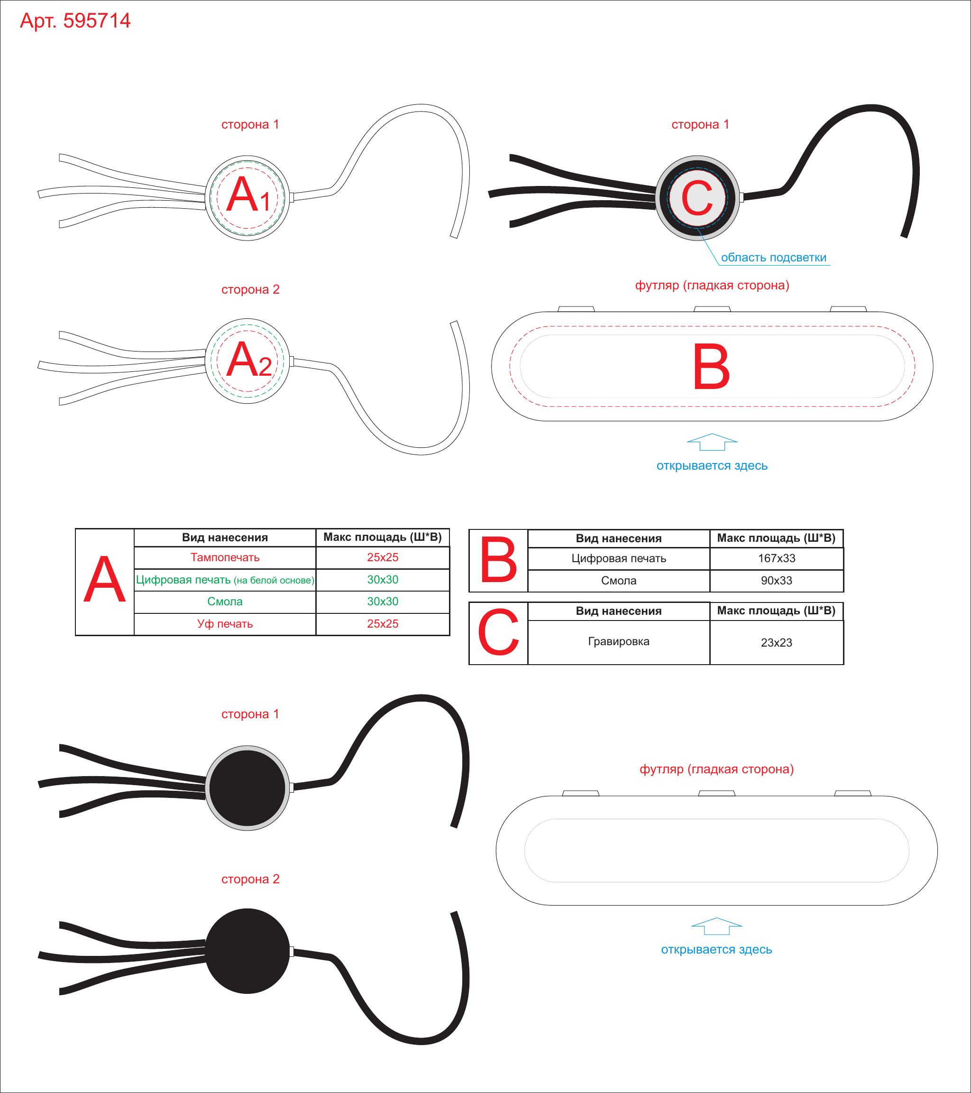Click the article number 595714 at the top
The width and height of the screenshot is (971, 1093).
click(x=97, y=20)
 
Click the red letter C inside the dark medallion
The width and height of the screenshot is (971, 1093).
click(x=697, y=198)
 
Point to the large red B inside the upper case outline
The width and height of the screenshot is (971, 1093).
click(x=711, y=366)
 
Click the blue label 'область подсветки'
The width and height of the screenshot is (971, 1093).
click(x=773, y=258)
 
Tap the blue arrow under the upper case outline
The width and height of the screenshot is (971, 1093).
click(x=712, y=442)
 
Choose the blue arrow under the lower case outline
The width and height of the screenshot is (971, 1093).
click(x=716, y=926)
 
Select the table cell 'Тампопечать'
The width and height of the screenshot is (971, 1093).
click(x=225, y=557)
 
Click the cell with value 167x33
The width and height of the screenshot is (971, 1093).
click(x=777, y=558)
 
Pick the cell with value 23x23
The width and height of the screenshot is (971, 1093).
click(x=777, y=642)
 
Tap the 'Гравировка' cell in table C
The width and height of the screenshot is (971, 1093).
click(x=619, y=642)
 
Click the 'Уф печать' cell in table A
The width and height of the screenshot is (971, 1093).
click(x=225, y=624)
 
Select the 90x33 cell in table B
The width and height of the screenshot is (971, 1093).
click(x=777, y=581)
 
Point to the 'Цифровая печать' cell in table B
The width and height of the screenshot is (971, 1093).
click(x=619, y=558)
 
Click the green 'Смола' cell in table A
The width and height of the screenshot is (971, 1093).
click(x=225, y=602)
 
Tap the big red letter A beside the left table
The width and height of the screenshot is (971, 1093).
click(x=105, y=580)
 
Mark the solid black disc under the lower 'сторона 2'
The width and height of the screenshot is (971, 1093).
click(x=247, y=951)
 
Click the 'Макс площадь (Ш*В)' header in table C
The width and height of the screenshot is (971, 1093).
click(x=777, y=611)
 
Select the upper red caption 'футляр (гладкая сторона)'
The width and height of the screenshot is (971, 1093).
click(x=712, y=286)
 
